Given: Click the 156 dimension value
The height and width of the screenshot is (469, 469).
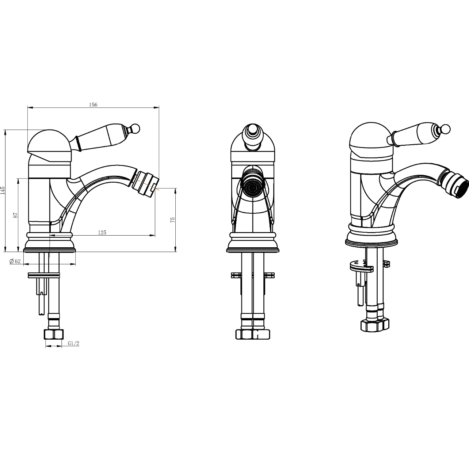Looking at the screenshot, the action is point(93,105).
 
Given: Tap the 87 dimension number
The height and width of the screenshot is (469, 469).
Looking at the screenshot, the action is point(16,215).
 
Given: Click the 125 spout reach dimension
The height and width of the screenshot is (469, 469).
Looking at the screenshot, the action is point(102,232).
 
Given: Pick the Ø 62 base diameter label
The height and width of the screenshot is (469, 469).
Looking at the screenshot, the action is point(15,261).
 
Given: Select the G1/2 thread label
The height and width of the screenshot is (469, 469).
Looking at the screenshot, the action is point(73,343).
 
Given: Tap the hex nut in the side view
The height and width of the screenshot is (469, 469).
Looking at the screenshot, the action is point(54,335).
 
